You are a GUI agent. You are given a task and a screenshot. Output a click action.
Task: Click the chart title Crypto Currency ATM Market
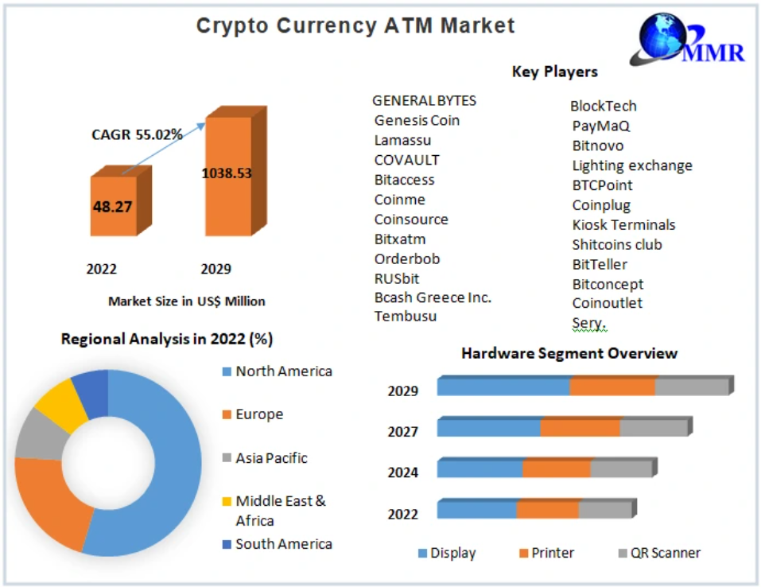pyautogui.click(x=355, y=25)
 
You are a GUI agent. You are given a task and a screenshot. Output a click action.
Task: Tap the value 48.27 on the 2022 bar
pyautogui.click(x=112, y=207)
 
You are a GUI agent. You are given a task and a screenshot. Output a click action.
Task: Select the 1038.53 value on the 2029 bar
pyautogui.click(x=227, y=173)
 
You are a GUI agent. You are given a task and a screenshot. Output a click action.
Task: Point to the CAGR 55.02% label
pyautogui.click(x=137, y=134)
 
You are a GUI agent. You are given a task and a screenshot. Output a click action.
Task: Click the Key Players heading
pyautogui.click(x=554, y=72)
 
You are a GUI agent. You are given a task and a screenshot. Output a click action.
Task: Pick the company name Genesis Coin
pyautogui.click(x=417, y=120)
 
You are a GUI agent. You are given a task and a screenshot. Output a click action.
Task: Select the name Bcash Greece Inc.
pyautogui.click(x=433, y=297)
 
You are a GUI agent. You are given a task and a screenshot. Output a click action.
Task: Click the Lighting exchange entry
pyautogui.click(x=632, y=165)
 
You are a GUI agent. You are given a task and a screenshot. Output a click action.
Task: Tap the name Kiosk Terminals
pyautogui.click(x=623, y=224)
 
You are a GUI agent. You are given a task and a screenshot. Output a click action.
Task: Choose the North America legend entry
pyautogui.click(x=283, y=371)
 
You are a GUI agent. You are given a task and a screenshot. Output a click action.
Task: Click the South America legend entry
pyautogui.click(x=283, y=544)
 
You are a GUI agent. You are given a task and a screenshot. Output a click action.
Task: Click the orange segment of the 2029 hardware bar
pyautogui.click(x=612, y=387)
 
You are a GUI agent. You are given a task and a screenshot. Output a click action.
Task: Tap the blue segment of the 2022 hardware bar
pyautogui.click(x=476, y=510)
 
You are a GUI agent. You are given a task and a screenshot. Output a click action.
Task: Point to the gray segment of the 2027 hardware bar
pyautogui.click(x=653, y=428)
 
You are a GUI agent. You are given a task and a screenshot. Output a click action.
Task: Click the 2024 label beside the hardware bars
pyautogui.click(x=403, y=472)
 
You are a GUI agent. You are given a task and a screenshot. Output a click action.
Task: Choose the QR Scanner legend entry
pyautogui.click(x=665, y=553)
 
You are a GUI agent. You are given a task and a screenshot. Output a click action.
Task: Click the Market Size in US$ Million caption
pyautogui.click(x=186, y=301)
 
